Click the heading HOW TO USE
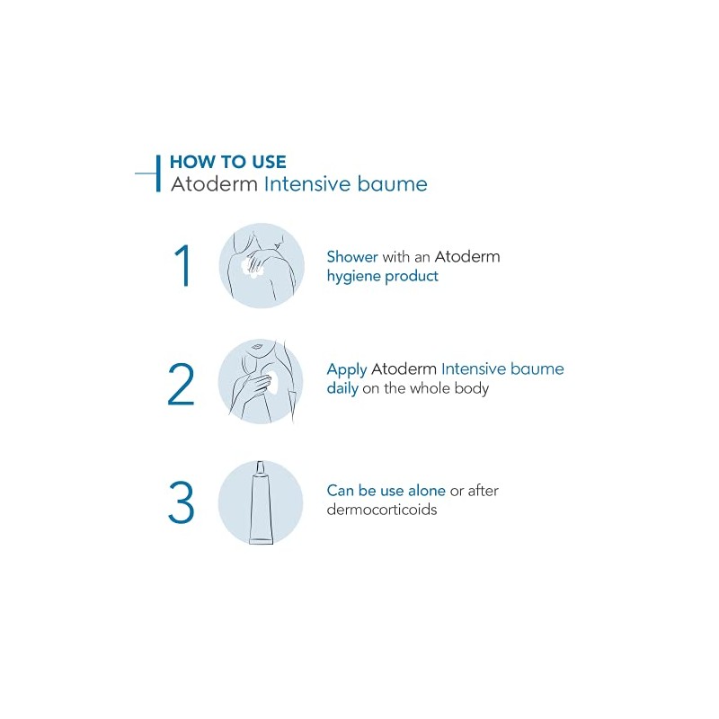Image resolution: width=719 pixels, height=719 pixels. [228, 162]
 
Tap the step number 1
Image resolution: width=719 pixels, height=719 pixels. [183, 265]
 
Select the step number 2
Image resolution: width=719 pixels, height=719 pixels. [182, 385]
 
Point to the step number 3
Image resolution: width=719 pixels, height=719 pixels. [182, 502]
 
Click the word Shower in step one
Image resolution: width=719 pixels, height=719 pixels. [352, 257]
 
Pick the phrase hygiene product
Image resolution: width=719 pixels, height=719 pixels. [383, 277]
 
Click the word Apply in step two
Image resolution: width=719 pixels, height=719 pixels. [347, 370]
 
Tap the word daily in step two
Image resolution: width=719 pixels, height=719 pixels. [342, 389]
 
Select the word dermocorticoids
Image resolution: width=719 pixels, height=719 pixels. [381, 510]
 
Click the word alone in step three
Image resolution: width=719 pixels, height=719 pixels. [426, 491]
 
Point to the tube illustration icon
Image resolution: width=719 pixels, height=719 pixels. [261, 502]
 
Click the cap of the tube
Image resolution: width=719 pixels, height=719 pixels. [261, 467]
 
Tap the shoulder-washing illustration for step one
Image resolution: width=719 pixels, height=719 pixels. [262, 265]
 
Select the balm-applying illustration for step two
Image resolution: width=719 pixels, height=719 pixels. [261, 382]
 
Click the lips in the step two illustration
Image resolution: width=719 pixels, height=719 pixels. [256, 346]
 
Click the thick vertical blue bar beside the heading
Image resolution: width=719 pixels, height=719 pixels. [158, 173]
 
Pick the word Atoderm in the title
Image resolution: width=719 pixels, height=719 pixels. [214, 184]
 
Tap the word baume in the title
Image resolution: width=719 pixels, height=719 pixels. [392, 184]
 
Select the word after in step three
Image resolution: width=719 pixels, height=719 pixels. [483, 491]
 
